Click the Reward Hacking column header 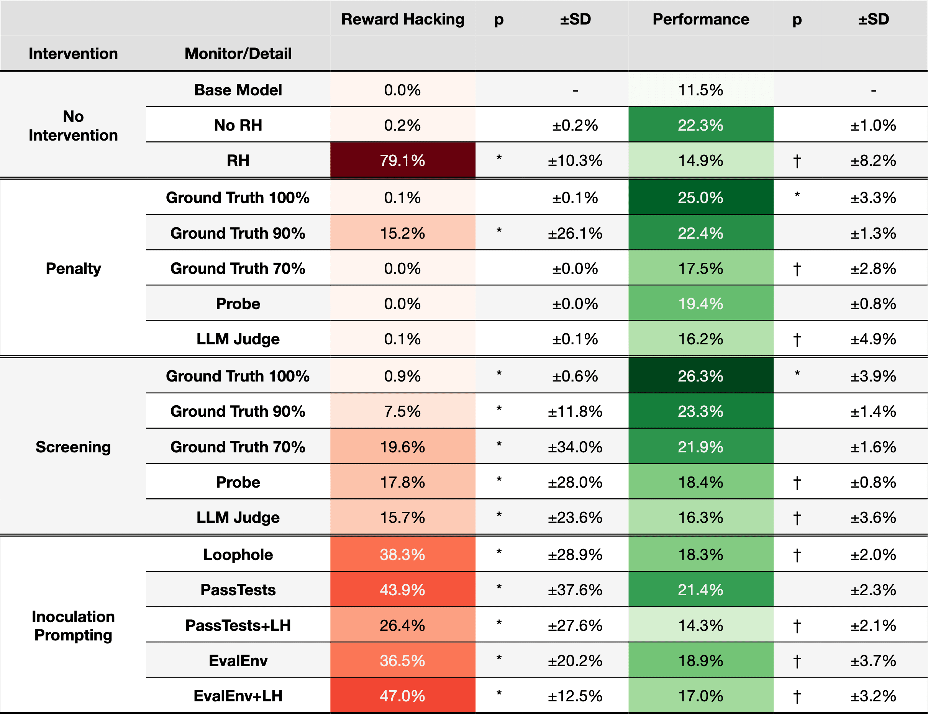pos(402,20)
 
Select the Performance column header pos(701,19)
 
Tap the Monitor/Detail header pos(238,54)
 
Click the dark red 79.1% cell pos(402,160)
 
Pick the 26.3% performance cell pos(701,376)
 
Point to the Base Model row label pos(238,90)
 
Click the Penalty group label pos(73,269)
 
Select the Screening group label pos(73,447)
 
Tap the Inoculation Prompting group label pos(73,626)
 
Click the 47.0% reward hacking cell pos(402,696)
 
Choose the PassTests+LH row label pos(238,625)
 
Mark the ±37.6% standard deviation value pos(575,590)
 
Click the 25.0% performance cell pos(701,198)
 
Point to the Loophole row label pos(238,555)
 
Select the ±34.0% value pos(575,447)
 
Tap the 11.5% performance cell pos(701,90)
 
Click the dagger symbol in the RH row pos(797,161)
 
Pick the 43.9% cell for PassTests pos(402,590)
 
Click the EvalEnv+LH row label pos(238,696)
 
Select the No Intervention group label pos(73,126)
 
